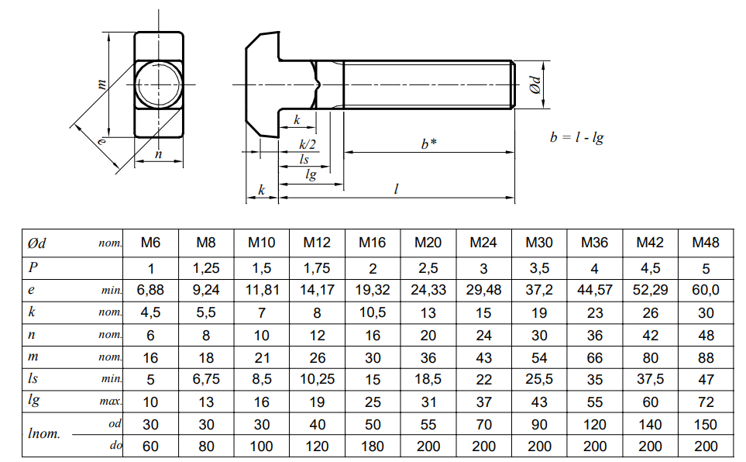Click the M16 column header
click(372, 243)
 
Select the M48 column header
click(705, 243)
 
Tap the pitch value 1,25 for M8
click(206, 268)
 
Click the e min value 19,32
click(373, 290)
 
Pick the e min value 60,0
click(706, 290)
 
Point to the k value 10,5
click(373, 312)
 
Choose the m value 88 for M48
click(706, 357)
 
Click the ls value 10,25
click(318, 379)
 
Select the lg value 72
click(706, 402)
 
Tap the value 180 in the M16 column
click(373, 446)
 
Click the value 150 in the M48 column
click(706, 424)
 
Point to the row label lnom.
click(44, 433)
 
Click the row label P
click(33, 267)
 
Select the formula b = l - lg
click(576, 138)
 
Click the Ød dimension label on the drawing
click(536, 84)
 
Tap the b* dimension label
click(428, 144)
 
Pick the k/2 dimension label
click(308, 145)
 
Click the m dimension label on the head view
click(101, 84)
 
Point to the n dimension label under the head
click(159, 154)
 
